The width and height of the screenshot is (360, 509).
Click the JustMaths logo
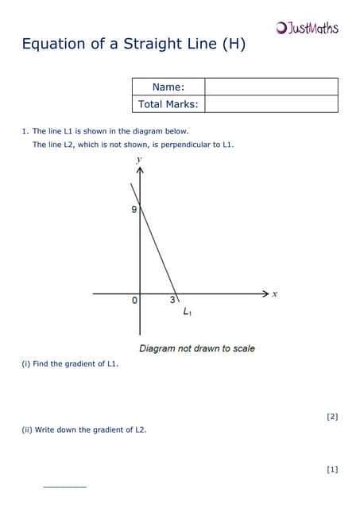[308, 29]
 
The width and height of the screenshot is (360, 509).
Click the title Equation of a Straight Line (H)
[134, 45]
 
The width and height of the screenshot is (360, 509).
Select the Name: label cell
[168, 87]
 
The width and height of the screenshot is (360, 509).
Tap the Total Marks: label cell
[168, 104]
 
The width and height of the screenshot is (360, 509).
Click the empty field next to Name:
[271, 87]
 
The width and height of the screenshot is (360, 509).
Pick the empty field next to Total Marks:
[271, 104]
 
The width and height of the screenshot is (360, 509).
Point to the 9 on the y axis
[134, 210]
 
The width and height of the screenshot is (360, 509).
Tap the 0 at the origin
[134, 301]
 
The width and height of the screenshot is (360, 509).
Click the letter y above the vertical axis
[139, 160]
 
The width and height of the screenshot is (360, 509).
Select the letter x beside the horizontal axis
[275, 293]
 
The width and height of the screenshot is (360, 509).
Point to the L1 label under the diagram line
[187, 313]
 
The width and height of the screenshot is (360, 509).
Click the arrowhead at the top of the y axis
[140, 171]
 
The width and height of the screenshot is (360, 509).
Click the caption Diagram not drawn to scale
[197, 348]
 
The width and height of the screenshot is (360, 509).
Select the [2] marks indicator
[332, 416]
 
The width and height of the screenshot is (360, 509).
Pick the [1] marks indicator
[332, 469]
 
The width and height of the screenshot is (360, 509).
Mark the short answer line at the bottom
[64, 486]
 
